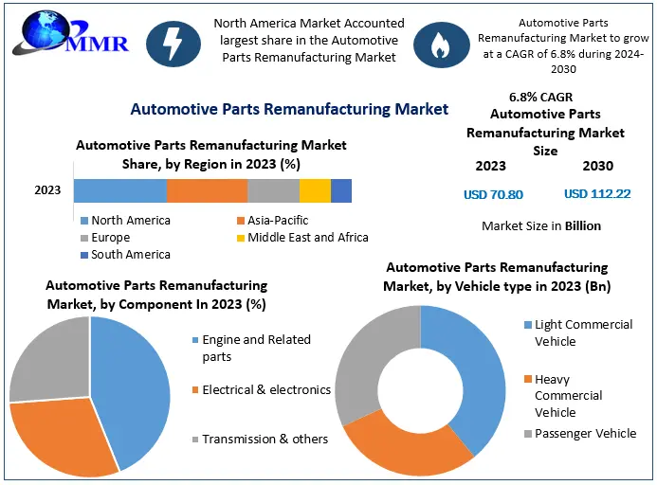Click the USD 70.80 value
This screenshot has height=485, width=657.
point(492,195)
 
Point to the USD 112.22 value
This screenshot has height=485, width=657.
point(596,194)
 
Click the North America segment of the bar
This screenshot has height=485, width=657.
point(119,190)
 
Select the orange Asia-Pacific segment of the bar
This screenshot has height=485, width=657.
point(207,190)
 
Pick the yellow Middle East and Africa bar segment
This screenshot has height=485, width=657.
point(315,190)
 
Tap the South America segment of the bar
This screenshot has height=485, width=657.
point(341,190)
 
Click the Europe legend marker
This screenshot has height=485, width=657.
point(84,238)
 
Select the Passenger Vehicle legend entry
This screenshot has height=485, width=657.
point(585,433)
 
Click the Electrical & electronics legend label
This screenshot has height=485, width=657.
point(265,389)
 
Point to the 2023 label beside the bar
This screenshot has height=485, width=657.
point(47,190)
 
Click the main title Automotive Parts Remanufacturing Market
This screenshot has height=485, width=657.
point(289,109)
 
